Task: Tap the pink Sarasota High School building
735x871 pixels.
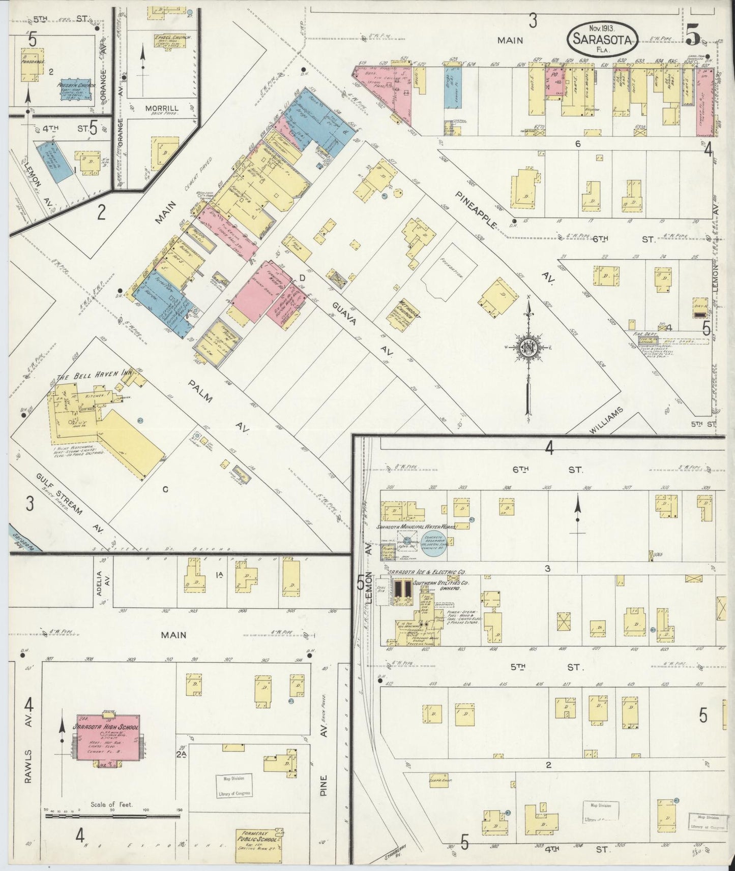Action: click(x=107, y=737)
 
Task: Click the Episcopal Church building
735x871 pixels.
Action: click(x=168, y=43)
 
